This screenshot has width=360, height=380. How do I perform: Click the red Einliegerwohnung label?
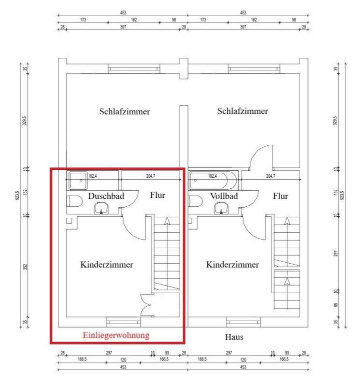click(116, 336)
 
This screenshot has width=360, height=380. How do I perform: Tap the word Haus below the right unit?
click(233, 337)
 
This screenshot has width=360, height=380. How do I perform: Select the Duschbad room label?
click(106, 196)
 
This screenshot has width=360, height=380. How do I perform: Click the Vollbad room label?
click(223, 196)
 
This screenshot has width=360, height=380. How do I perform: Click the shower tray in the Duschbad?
click(78, 179)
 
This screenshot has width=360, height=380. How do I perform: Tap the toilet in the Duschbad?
click(74, 201)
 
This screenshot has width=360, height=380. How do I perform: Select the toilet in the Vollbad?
click(195, 201)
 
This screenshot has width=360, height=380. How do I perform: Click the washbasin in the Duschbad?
click(102, 208)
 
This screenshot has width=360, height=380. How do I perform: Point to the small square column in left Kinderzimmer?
click(69, 220)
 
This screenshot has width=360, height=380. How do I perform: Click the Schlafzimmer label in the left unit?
click(124, 111)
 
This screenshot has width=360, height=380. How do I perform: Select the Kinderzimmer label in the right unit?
click(232, 265)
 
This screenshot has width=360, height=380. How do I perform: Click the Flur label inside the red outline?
click(157, 195)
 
